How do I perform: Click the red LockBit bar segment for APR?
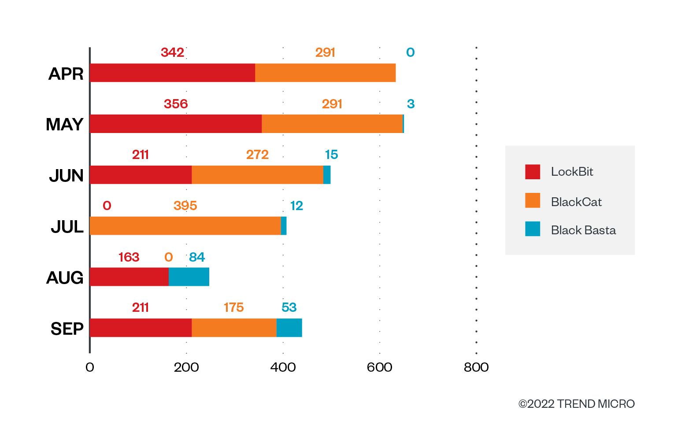[x=173, y=73]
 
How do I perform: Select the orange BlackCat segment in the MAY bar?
[x=332, y=124]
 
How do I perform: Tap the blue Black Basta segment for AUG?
[x=189, y=277]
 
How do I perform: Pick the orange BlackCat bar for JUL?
[x=185, y=225]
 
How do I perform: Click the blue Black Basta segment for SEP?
[x=289, y=328]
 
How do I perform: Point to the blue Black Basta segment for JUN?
[x=327, y=175]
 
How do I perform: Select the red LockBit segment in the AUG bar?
[x=130, y=277]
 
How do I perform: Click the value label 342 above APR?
[x=172, y=52]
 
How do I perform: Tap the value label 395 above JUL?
[x=185, y=206]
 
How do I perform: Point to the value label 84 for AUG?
[x=197, y=257]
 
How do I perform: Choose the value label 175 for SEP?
[x=233, y=307]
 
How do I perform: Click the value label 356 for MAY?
[x=176, y=104]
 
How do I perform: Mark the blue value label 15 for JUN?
[x=331, y=155]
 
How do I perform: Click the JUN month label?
[x=66, y=175]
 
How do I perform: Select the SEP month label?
[x=67, y=329]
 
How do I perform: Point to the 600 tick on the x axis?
[x=379, y=367]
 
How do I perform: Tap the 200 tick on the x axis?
[x=186, y=367]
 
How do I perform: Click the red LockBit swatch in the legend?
[x=533, y=172]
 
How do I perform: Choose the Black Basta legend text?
[x=583, y=230]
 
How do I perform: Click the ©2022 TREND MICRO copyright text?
[x=577, y=404]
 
